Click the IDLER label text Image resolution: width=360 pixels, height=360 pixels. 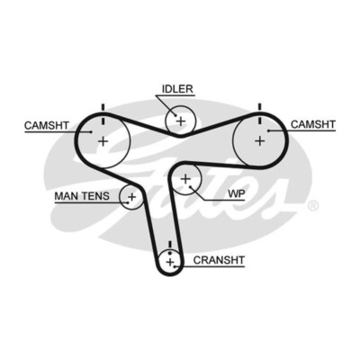177,89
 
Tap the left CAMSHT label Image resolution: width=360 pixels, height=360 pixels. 47,125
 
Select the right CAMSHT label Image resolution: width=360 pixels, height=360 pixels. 313,124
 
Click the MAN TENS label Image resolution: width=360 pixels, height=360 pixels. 82,196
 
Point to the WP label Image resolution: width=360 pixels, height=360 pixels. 237,193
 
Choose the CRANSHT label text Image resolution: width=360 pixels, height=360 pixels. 219,260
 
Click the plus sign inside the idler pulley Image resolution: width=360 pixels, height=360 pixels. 181,121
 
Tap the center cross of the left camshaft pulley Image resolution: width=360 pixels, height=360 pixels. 103,140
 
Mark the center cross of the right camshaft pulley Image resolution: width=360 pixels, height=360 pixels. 260,140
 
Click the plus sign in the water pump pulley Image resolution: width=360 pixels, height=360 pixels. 185,179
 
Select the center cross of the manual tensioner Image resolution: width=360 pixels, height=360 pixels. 131,197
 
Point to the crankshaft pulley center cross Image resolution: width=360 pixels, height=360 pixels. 170,262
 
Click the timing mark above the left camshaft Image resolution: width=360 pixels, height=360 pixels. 103,113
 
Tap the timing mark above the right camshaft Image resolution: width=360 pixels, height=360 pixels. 260,113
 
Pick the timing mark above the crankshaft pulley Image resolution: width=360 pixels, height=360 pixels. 170,246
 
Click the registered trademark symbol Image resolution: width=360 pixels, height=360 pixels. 313,206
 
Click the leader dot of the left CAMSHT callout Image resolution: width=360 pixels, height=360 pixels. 91,131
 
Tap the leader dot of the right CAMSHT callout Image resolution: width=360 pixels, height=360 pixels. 269,130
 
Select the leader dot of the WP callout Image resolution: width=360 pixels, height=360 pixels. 190,187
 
